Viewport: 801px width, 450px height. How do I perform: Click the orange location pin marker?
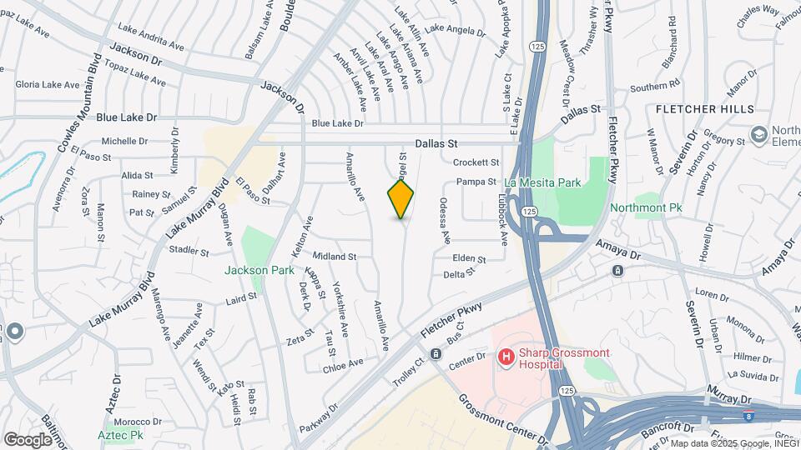(401, 198)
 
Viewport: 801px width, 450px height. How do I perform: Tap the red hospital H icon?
(505, 357)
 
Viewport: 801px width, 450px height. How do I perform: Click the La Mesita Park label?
(542, 182)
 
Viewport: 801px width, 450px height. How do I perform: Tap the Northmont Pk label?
(646, 207)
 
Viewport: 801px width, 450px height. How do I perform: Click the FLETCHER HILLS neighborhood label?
(704, 109)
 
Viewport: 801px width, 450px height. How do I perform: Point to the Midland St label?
(335, 257)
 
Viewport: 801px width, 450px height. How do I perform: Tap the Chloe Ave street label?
(343, 363)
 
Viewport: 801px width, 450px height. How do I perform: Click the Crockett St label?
(476, 162)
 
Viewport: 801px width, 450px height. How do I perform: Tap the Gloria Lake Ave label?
(48, 85)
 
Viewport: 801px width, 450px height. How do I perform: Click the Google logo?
(28, 439)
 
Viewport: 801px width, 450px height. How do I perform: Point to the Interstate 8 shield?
(748, 414)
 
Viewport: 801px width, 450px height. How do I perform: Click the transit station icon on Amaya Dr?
(617, 271)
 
